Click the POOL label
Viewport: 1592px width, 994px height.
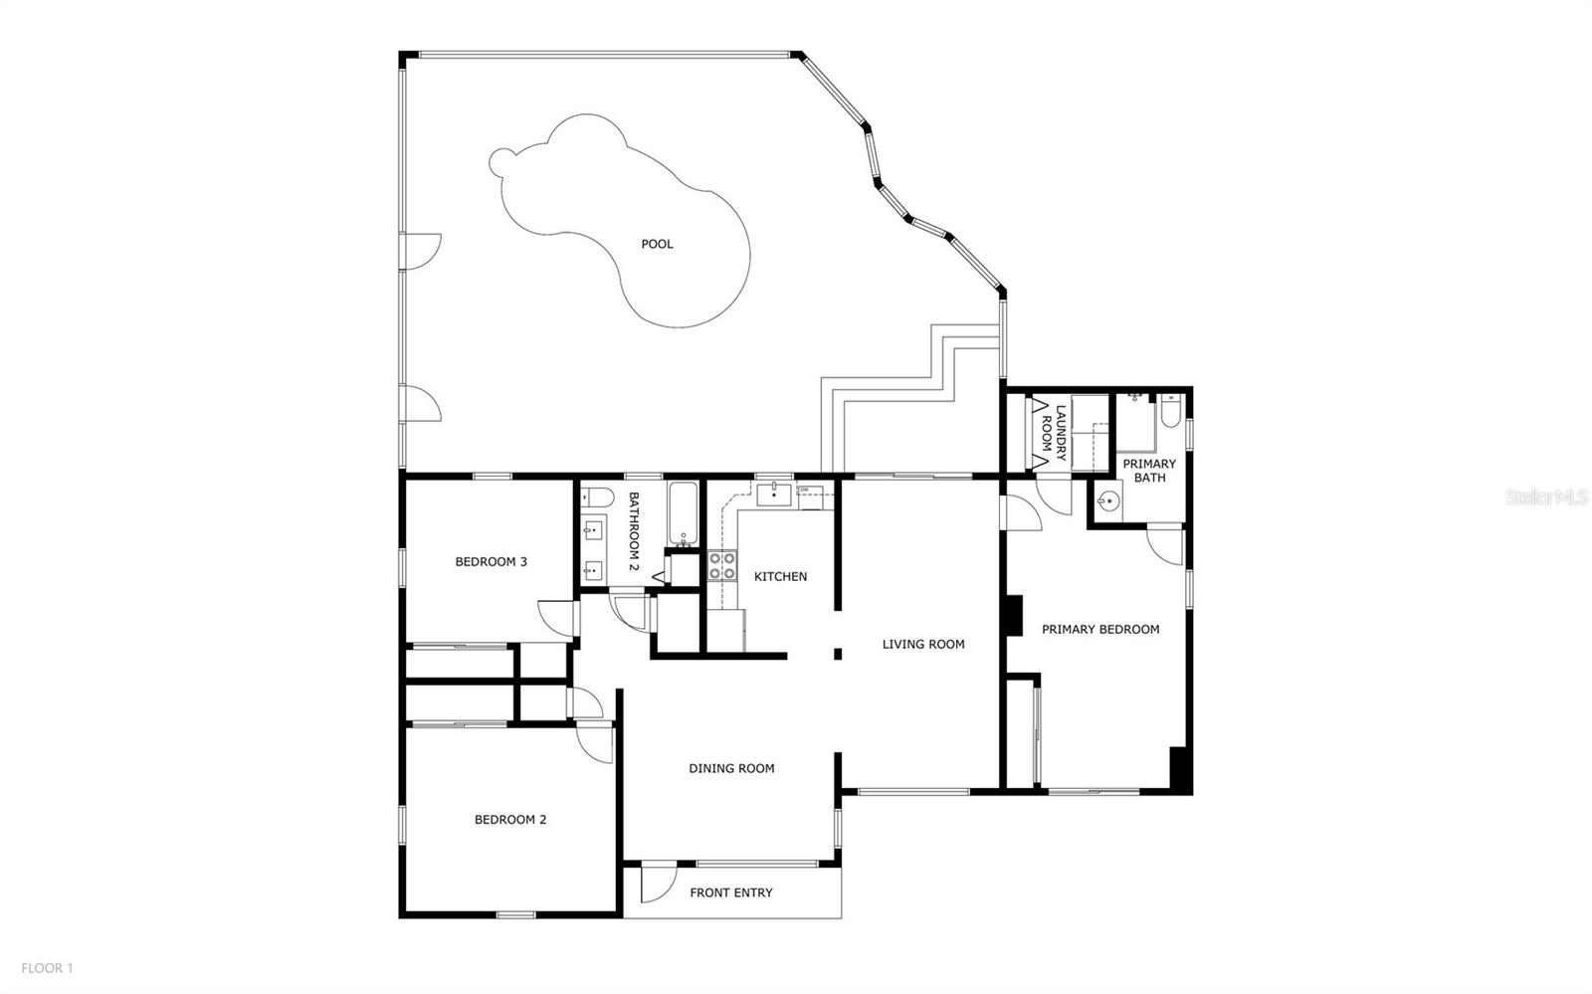click(x=657, y=245)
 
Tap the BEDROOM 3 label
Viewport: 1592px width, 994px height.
click(x=492, y=562)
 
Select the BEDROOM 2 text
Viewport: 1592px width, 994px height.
click(x=510, y=820)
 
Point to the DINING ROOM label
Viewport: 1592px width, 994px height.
click(x=731, y=769)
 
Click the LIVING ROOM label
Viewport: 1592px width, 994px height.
click(x=923, y=645)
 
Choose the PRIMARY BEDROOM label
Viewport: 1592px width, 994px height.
click(x=1100, y=630)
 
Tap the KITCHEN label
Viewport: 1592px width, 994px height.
click(x=780, y=577)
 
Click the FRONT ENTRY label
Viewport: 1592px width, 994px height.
click(x=731, y=894)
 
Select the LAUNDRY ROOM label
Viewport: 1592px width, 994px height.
click(x=1054, y=432)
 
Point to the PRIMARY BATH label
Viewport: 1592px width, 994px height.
click(x=1149, y=471)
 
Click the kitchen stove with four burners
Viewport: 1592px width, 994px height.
click(x=722, y=566)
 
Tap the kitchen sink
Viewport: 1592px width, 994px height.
click(x=774, y=494)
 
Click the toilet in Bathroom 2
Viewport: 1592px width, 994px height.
click(x=597, y=497)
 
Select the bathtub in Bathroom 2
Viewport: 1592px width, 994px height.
click(x=683, y=513)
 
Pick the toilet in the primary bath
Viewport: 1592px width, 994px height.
click(x=1170, y=411)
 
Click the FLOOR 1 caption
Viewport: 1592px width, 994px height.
click(x=47, y=968)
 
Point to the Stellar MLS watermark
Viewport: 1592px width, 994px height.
click(x=1546, y=497)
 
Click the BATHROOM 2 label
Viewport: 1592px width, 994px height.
click(x=634, y=531)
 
